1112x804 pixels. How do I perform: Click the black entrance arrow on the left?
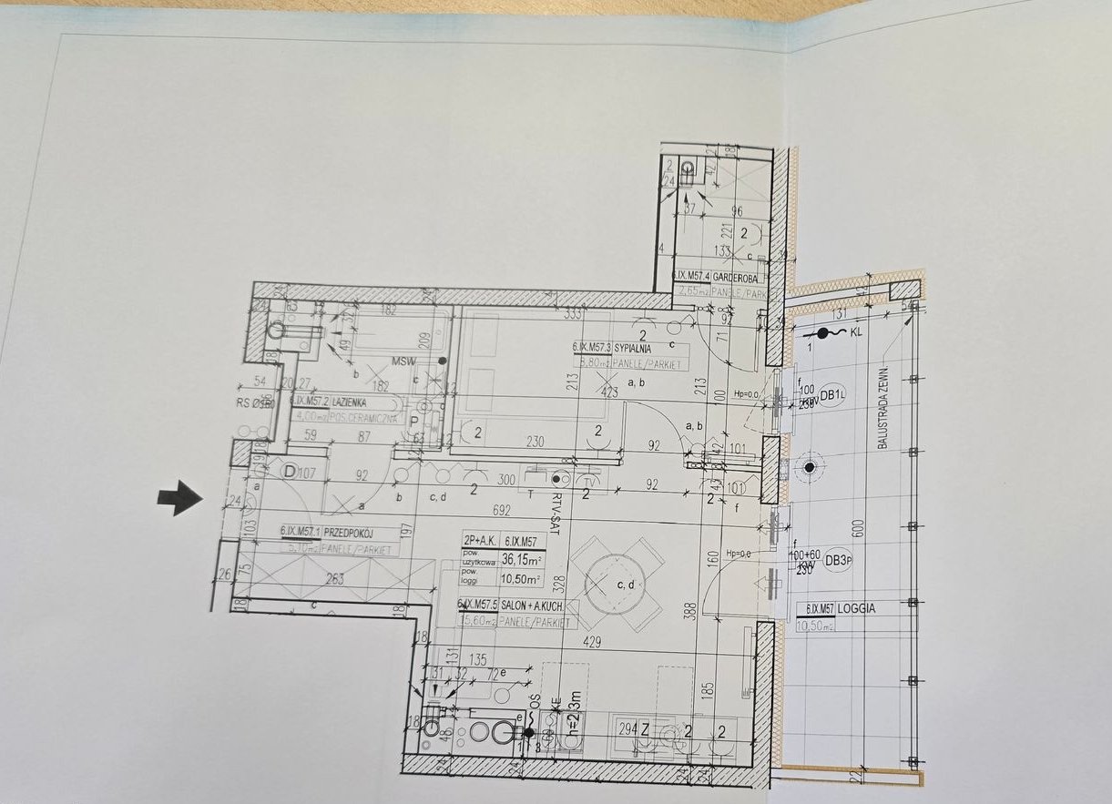click(180, 497)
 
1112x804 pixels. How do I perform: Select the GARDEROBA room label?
click(732, 277)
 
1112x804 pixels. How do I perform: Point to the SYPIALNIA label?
click(637, 347)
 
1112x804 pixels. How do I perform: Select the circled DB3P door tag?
click(837, 561)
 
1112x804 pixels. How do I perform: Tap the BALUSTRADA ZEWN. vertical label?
click(882, 400)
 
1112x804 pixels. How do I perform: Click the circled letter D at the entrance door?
click(289, 472)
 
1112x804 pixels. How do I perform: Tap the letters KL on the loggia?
click(855, 333)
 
